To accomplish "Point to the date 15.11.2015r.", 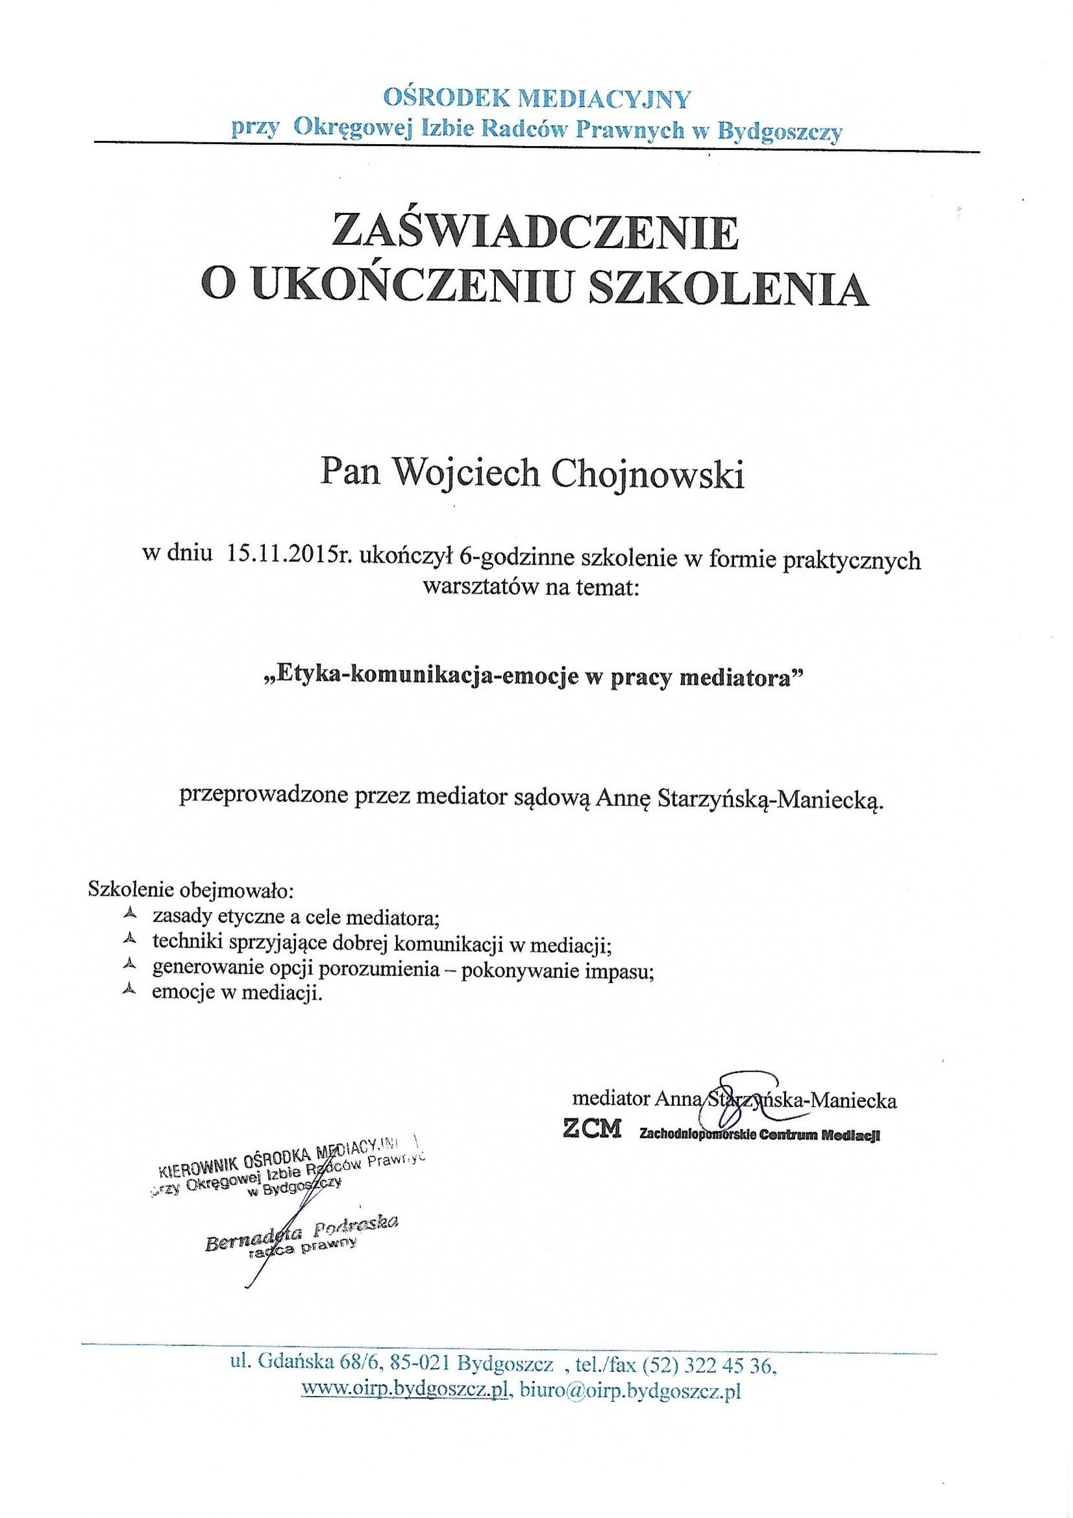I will [x=291, y=560].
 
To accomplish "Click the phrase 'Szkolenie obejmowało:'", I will [x=190, y=890].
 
